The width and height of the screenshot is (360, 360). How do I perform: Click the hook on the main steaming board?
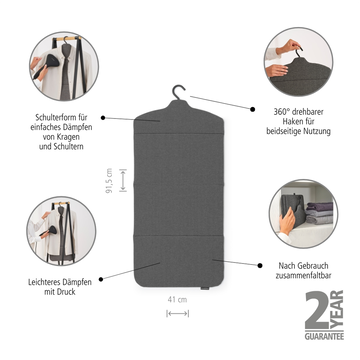click(x=178, y=92)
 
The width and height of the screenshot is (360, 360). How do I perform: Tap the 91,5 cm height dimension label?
click(x=109, y=181)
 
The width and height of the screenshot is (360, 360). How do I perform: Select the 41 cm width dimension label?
click(x=177, y=300)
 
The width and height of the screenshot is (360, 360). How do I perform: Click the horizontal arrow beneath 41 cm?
click(x=177, y=313)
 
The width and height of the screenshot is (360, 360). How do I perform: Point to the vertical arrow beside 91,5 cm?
click(x=123, y=180)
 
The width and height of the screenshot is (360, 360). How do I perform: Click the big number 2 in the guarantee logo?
click(x=317, y=310)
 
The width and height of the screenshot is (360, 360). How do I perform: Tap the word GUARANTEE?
click(x=324, y=336)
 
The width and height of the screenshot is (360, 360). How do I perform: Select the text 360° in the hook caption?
click(x=281, y=112)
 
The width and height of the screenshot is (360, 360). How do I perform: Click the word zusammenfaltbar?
click(x=303, y=276)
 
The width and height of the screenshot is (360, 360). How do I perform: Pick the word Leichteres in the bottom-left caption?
click(x=43, y=282)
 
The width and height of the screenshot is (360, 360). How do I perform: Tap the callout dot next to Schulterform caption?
click(x=103, y=118)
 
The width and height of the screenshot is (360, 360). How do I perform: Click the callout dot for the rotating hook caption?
click(x=253, y=109)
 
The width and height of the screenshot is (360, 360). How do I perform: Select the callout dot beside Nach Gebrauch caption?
click(x=260, y=265)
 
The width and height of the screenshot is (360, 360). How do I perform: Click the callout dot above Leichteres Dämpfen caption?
click(x=101, y=279)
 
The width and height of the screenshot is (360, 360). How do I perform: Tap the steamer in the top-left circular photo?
click(x=48, y=65)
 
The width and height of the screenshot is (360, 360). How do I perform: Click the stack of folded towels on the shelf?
click(x=320, y=213)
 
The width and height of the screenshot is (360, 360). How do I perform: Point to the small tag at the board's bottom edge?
click(x=204, y=288)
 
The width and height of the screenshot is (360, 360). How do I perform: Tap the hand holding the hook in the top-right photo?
click(x=289, y=46)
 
